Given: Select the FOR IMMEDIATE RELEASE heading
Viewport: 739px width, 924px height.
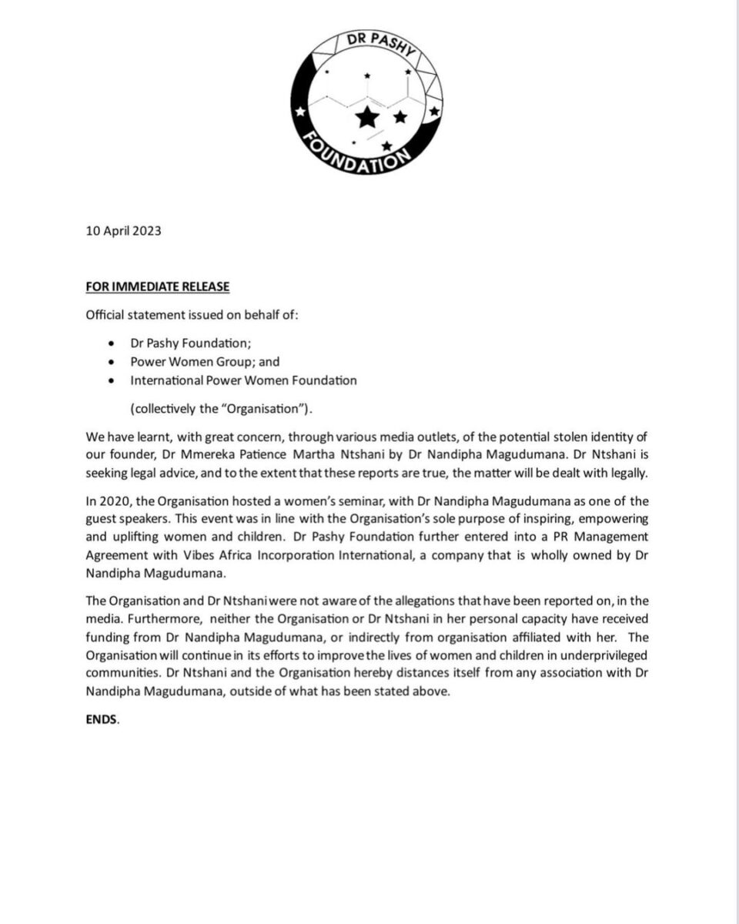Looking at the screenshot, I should click(x=157, y=287).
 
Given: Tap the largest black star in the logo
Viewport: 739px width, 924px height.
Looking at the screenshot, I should click(x=368, y=117).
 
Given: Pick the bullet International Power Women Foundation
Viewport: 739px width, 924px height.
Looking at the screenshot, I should click(x=243, y=380).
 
